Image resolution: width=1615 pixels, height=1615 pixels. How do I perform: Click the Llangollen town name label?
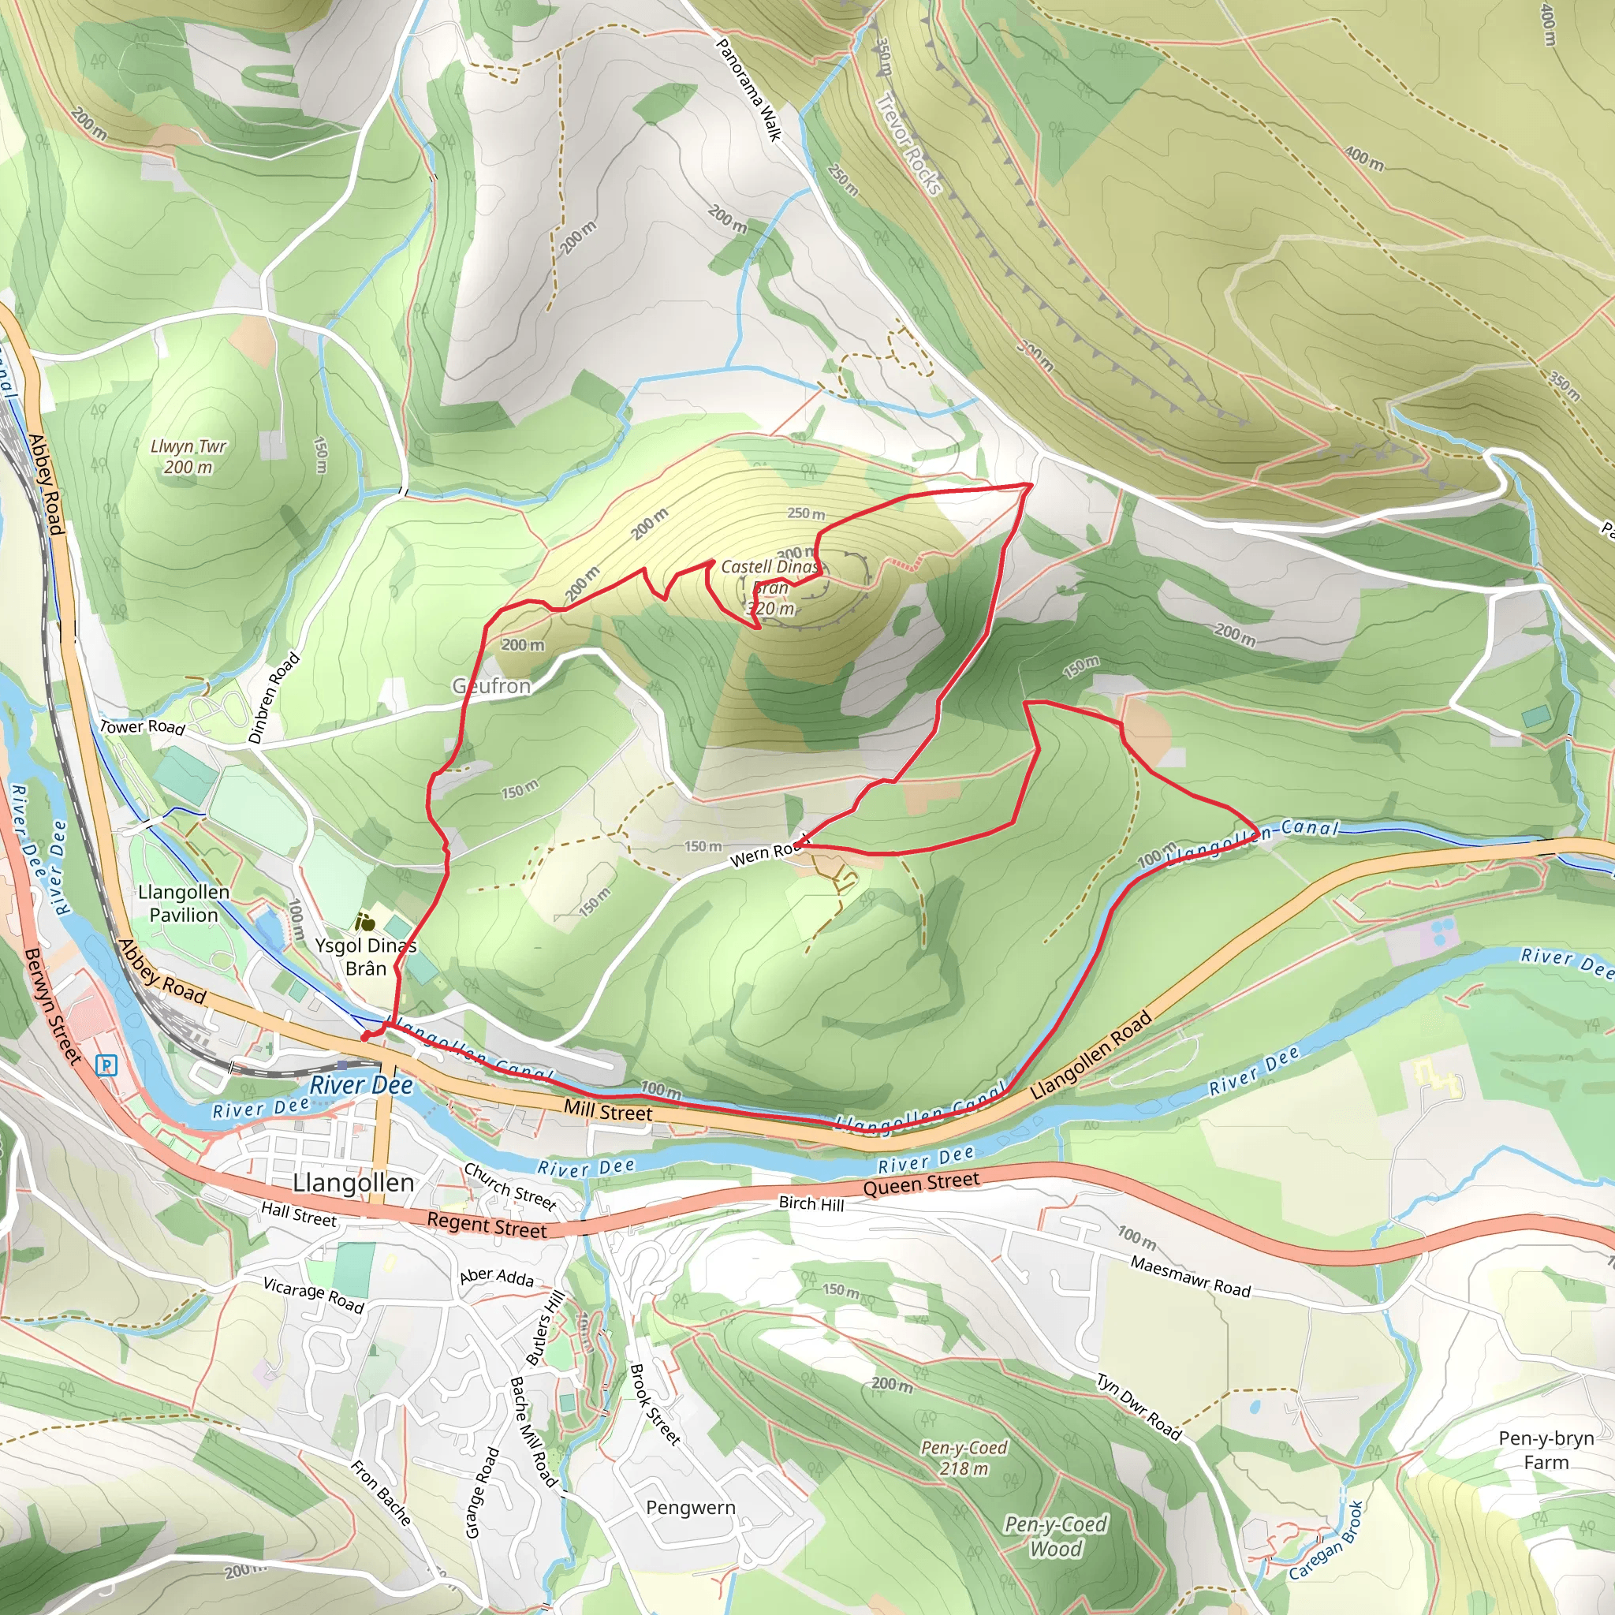coord(353,1183)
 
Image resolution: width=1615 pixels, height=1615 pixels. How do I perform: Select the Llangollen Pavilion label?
coord(184,904)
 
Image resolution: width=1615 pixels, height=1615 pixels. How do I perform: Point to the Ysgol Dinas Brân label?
coord(365,957)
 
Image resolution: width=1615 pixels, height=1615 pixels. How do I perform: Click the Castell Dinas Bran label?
coord(770,587)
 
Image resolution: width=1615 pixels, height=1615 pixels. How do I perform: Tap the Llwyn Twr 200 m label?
coord(188,457)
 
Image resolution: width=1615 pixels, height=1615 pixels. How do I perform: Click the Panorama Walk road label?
coord(749,89)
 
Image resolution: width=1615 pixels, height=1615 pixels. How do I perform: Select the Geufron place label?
coord(491,686)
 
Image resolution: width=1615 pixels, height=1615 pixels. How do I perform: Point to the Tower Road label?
coord(142,726)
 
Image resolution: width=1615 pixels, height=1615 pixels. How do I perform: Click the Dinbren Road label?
coord(274,698)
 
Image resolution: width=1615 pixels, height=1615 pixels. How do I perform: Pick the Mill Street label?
coord(608,1112)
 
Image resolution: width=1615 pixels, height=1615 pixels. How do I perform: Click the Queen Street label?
coord(921,1184)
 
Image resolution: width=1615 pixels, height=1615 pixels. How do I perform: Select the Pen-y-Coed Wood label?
coord(1056,1536)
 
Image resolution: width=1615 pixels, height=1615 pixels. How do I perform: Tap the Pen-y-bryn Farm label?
coord(1546,1450)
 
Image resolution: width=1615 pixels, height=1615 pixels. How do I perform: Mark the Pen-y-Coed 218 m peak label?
coord(964,1458)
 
